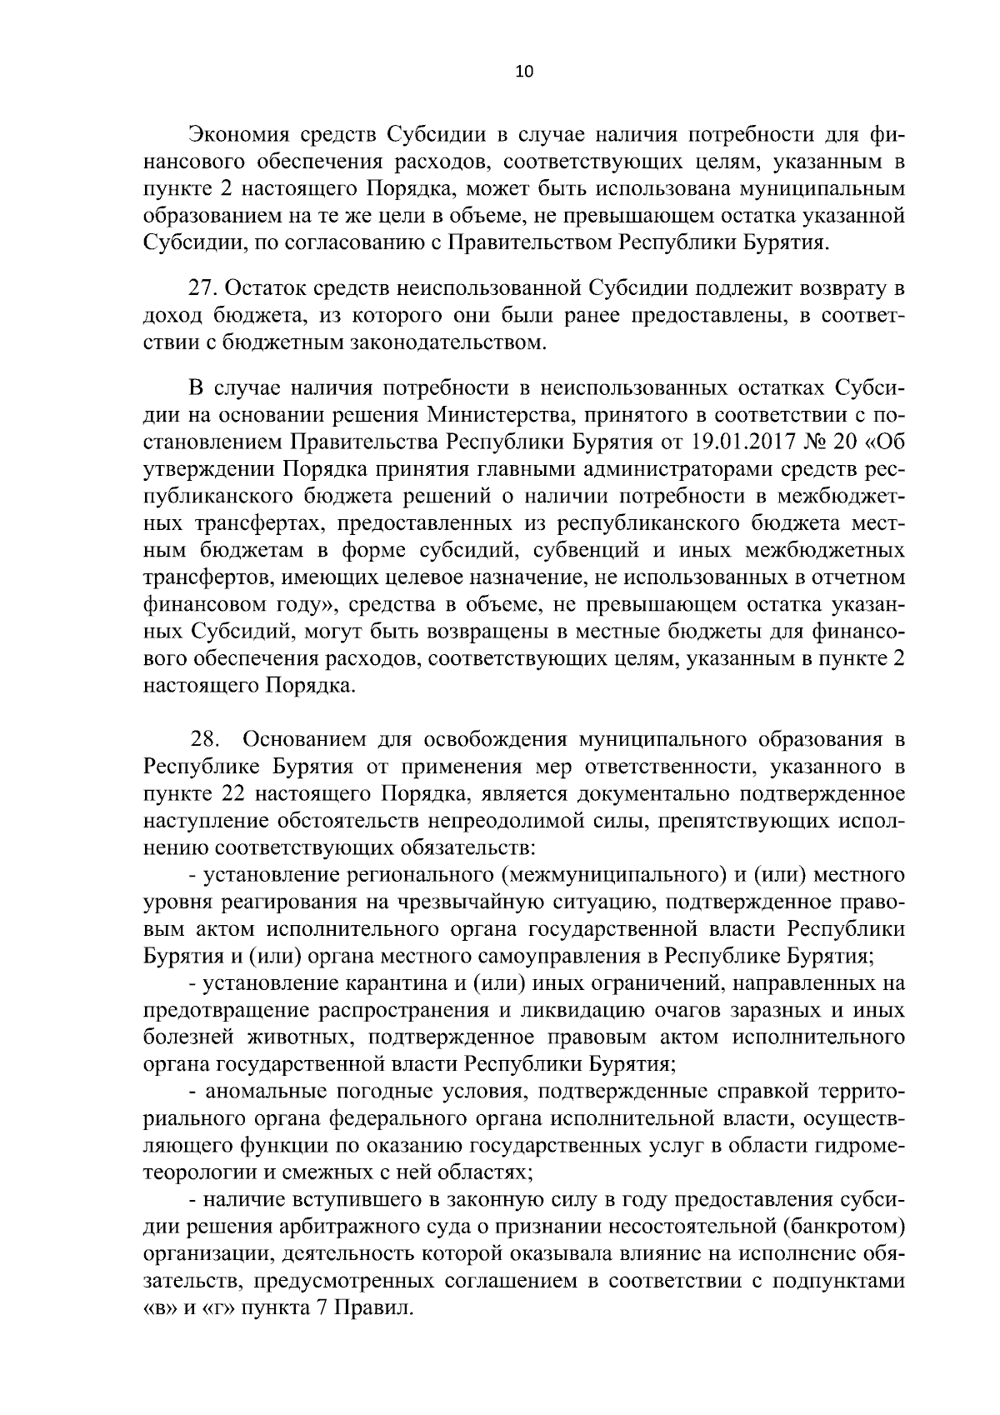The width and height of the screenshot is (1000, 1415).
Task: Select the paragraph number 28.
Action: [x=204, y=739]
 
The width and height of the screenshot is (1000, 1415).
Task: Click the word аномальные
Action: [x=268, y=1092]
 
